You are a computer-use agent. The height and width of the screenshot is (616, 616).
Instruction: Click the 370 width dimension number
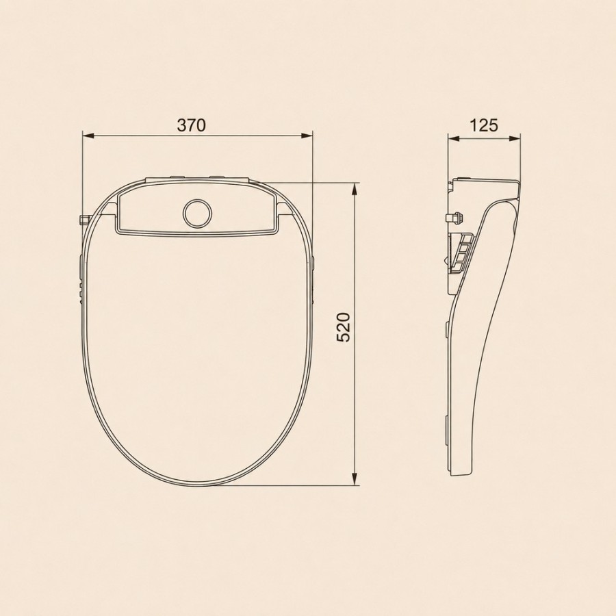click(192, 125)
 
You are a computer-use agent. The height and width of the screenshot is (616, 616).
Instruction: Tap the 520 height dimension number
click(344, 327)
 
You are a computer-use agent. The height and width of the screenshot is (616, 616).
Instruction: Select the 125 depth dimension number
click(484, 125)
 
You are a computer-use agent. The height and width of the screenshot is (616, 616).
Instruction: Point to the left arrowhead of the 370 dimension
click(88, 136)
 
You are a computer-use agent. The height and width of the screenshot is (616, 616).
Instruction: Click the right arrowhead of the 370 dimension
click(307, 136)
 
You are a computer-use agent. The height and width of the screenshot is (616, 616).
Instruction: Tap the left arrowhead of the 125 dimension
click(454, 138)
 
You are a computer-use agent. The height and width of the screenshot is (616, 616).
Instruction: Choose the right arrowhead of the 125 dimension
click(514, 138)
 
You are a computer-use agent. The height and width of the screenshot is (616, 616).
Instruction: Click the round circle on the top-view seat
click(197, 214)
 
